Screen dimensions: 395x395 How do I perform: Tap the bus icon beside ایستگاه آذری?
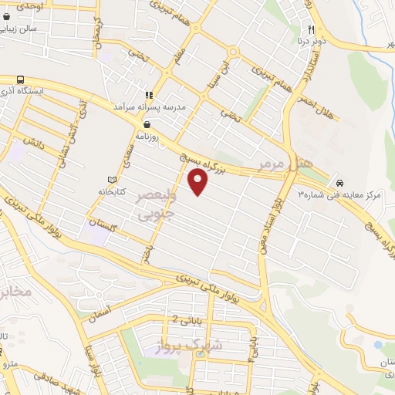20,79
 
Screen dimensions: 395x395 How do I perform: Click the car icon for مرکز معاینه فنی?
339,183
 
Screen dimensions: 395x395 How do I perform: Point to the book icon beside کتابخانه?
113,180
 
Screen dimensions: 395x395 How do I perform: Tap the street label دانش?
35,142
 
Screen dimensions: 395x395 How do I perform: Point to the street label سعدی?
126,158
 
